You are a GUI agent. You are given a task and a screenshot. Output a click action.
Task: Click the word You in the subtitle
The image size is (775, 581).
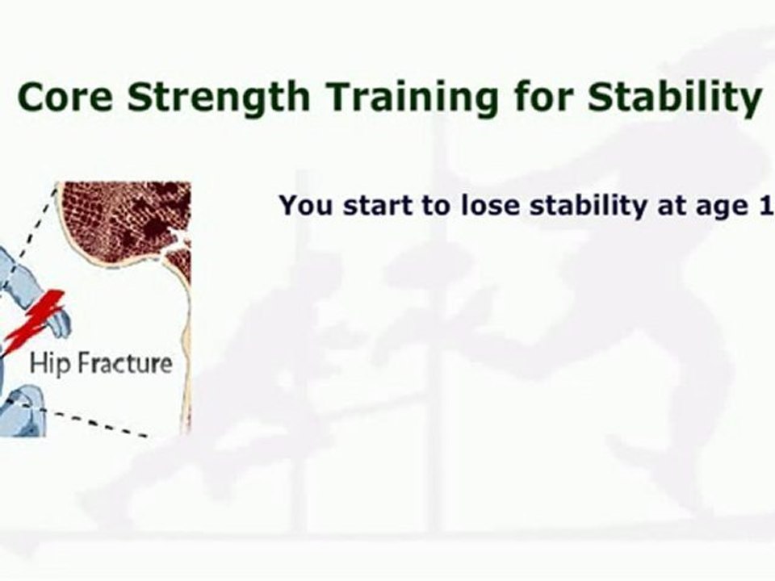[x=306, y=204]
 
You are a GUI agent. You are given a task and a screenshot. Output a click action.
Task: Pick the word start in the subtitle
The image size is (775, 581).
[x=378, y=205]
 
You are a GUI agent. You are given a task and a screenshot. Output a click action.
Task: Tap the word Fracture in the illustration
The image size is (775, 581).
[x=126, y=363]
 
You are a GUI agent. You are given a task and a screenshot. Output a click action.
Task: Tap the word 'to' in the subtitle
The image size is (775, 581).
[x=437, y=206]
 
